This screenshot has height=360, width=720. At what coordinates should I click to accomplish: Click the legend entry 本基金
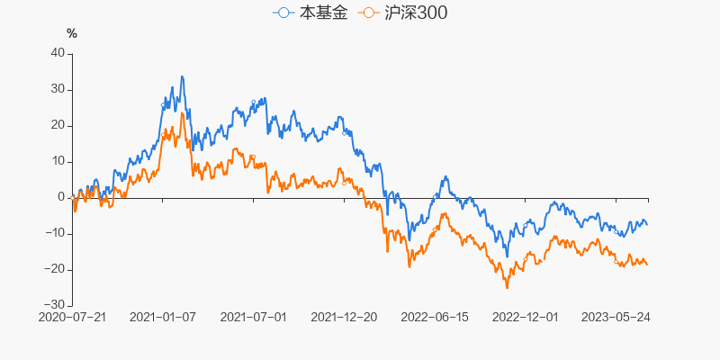click(x=310, y=13)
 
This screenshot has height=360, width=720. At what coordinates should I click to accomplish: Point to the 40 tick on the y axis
click(x=58, y=53)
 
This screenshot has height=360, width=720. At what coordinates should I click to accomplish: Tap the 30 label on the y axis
click(x=58, y=89)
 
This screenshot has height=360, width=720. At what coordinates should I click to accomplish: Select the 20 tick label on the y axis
click(x=58, y=125)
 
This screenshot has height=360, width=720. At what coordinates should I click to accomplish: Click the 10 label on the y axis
click(x=58, y=161)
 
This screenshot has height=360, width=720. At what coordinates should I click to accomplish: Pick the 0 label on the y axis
click(x=61, y=197)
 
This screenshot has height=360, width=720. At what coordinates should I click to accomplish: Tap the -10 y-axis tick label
click(x=55, y=233)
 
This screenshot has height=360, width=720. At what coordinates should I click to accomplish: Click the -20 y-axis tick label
click(x=55, y=269)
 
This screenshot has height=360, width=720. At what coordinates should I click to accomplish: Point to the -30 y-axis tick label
click(x=55, y=305)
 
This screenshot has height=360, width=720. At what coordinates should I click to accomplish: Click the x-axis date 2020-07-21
click(x=73, y=317)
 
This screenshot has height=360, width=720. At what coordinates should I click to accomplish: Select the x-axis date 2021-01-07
click(x=163, y=317)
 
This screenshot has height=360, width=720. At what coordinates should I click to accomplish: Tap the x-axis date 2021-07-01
click(x=253, y=317)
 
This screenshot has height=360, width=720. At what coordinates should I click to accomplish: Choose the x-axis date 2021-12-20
click(x=343, y=317)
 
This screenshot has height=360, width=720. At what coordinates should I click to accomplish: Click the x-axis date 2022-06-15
click(x=436, y=317)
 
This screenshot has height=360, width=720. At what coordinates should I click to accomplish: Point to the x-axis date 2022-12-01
click(x=526, y=317)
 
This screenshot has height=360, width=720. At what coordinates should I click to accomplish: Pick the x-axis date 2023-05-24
click(x=616, y=317)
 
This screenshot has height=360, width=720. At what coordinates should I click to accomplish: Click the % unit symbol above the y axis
click(x=72, y=34)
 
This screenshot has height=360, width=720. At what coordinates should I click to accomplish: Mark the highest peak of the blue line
click(x=182, y=76)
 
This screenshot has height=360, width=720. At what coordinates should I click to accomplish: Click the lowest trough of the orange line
click(x=507, y=288)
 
